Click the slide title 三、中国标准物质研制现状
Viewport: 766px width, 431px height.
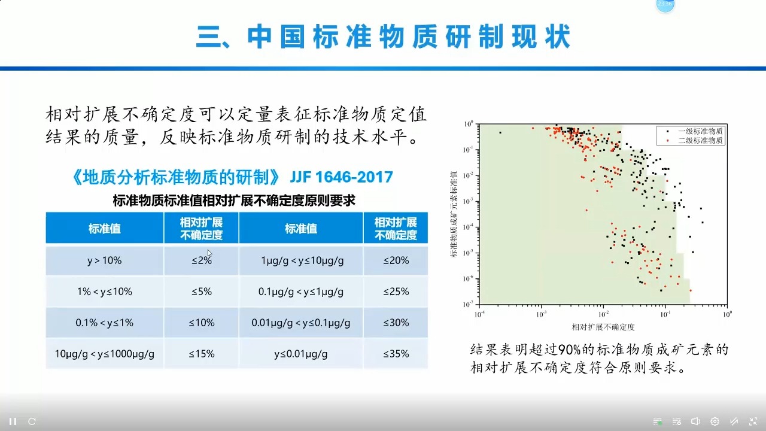pos(383,37)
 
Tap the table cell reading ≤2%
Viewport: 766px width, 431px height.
pos(202,260)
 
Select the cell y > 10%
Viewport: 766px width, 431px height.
pos(104,260)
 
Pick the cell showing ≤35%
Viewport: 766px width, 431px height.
pos(396,354)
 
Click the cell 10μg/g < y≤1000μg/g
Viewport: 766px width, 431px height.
pos(104,354)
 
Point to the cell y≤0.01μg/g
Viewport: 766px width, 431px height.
pos(300,354)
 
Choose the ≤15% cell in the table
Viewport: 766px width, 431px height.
pos(202,354)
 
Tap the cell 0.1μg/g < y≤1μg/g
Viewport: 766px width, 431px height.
pos(300,292)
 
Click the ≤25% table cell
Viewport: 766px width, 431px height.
pos(396,292)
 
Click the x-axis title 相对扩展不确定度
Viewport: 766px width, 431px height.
pos(603,327)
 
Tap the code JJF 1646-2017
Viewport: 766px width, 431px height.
pos(341,177)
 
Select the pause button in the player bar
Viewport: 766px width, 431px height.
pos(13,421)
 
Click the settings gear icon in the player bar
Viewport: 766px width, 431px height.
pos(715,421)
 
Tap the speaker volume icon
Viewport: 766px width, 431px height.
pos(695,421)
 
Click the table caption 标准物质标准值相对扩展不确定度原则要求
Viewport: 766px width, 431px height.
pos(234,201)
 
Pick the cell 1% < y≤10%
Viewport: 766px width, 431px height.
pos(104,292)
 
